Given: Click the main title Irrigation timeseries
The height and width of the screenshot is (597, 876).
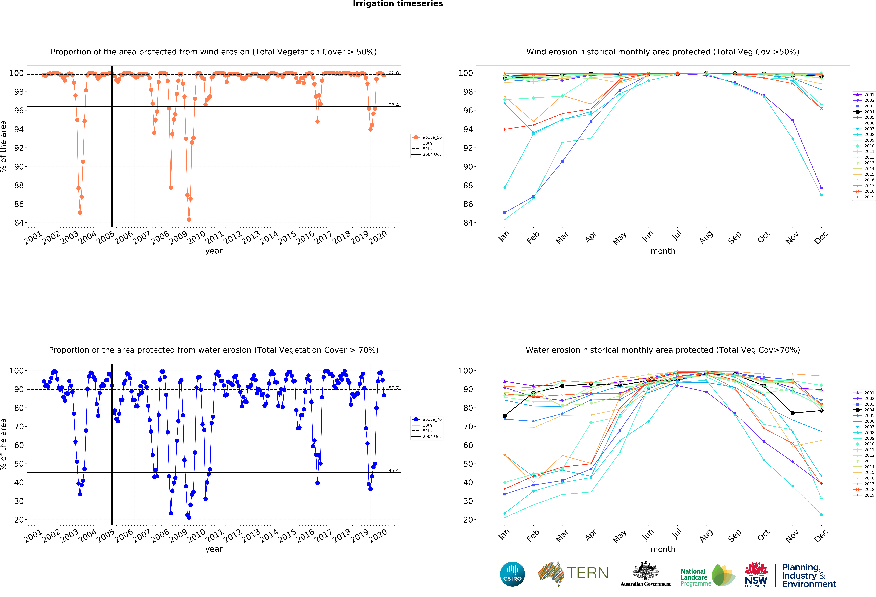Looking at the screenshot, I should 398,4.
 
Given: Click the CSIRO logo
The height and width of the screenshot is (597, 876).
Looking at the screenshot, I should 512,574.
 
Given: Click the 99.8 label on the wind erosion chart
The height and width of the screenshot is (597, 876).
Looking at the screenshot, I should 394,73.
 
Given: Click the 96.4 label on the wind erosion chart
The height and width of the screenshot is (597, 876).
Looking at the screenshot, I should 394,105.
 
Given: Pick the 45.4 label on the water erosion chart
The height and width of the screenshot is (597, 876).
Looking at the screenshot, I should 394,470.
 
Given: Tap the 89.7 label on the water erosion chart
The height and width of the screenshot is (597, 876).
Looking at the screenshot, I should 394,388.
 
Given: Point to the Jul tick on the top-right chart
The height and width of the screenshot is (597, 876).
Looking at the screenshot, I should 677,236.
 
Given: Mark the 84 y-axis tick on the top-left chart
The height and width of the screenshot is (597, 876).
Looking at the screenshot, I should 19,223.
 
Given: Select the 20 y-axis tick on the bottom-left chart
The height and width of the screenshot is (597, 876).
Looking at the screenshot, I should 19,519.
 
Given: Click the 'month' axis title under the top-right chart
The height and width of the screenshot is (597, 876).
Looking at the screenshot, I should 663,251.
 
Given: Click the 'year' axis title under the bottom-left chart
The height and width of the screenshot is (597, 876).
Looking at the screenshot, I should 214,549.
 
